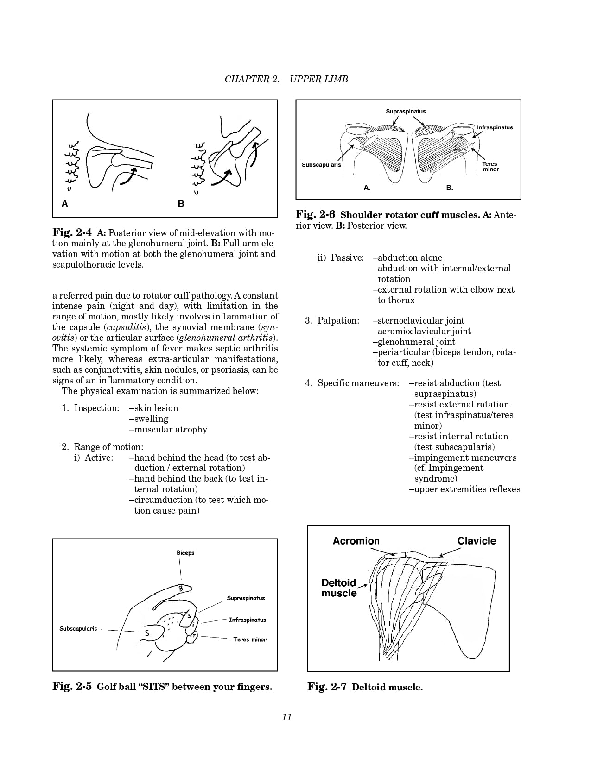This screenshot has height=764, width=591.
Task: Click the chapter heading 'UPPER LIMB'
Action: pyautogui.click(x=318, y=79)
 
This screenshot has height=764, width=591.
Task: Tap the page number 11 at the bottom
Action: pyautogui.click(x=286, y=717)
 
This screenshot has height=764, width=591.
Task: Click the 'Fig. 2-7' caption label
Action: pyautogui.click(x=327, y=687)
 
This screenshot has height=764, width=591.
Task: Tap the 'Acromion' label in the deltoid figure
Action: pyautogui.click(x=356, y=541)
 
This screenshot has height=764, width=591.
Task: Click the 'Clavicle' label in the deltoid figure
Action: pyautogui.click(x=477, y=541)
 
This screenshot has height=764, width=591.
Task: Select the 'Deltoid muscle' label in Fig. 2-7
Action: pyautogui.click(x=339, y=588)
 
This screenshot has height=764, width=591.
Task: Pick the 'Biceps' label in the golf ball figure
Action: pyautogui.click(x=185, y=553)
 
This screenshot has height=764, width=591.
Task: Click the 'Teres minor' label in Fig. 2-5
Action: pyautogui.click(x=250, y=639)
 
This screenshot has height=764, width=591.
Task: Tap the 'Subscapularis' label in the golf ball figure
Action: pyautogui.click(x=78, y=629)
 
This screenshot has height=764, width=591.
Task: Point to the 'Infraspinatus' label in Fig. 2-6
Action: pyautogui.click(x=495, y=128)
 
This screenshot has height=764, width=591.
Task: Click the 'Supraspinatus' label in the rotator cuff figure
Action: pyautogui.click(x=406, y=112)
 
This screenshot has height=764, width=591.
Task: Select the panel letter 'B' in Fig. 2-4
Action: pyautogui.click(x=181, y=204)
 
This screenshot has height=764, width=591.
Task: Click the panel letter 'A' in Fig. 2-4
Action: pyautogui.click(x=65, y=203)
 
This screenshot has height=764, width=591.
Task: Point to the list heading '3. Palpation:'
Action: pyautogui.click(x=332, y=320)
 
